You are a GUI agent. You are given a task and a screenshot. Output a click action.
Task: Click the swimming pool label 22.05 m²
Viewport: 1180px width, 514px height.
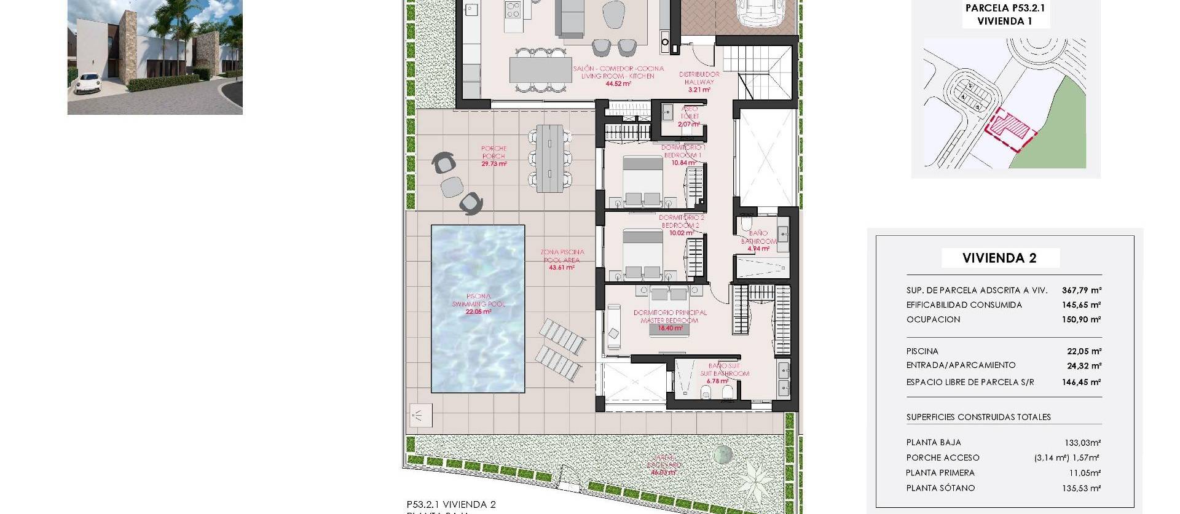(x=478, y=312)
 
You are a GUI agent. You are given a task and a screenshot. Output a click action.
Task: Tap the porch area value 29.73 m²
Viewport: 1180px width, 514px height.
(x=494, y=164)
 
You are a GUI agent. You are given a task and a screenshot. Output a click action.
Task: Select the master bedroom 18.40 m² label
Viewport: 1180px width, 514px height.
(x=670, y=328)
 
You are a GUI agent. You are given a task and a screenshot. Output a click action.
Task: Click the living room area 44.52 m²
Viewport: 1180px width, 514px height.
(x=618, y=84)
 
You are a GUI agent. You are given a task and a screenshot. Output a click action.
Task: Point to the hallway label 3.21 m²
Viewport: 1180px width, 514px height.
(x=699, y=90)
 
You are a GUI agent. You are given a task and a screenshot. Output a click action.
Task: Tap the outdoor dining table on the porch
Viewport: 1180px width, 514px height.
(x=549, y=158)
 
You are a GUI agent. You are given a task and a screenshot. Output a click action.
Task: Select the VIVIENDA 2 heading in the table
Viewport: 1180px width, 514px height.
(x=999, y=259)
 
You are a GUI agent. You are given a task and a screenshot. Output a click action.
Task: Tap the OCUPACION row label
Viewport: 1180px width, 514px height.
(x=933, y=319)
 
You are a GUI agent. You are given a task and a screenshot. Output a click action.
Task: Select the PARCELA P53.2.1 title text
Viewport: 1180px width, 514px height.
(x=1005, y=8)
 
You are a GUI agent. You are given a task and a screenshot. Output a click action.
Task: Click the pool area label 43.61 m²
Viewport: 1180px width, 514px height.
(x=562, y=268)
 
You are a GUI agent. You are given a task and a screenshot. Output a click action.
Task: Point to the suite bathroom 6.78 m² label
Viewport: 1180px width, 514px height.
(x=717, y=381)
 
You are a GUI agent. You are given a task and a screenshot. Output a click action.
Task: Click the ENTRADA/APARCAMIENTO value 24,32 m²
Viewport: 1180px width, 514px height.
(x=1084, y=366)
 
